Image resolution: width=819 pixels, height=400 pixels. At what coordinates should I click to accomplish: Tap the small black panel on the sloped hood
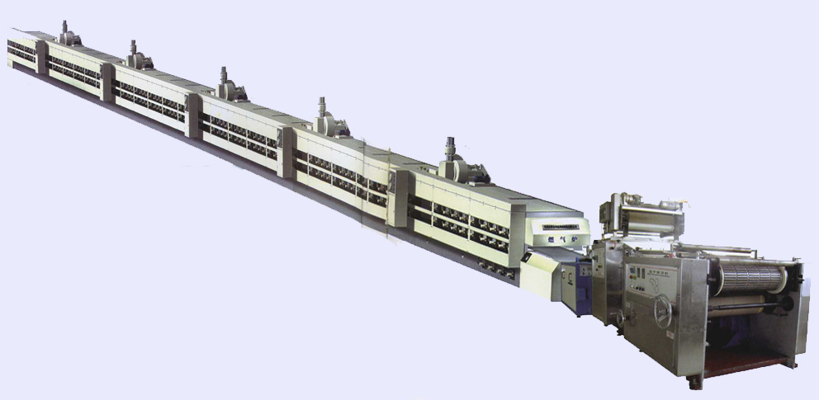pos(526,257)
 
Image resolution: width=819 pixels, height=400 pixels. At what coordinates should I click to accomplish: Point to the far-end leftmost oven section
pos(21,49)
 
